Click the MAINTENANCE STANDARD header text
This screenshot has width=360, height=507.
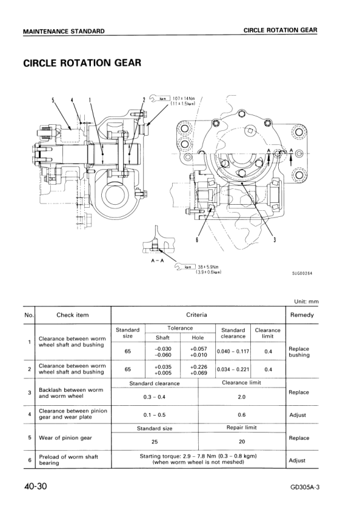click(x=64, y=31)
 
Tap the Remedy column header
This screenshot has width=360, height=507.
click(x=302, y=315)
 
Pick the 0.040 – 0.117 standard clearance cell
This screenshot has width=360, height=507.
click(x=233, y=351)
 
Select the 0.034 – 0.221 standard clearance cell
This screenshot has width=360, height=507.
click(x=233, y=369)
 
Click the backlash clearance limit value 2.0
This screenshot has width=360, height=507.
click(x=241, y=397)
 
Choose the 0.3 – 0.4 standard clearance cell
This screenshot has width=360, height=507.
click(x=155, y=397)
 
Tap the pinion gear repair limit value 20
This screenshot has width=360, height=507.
click(x=241, y=442)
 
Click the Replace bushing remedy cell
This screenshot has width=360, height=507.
click(x=299, y=352)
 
